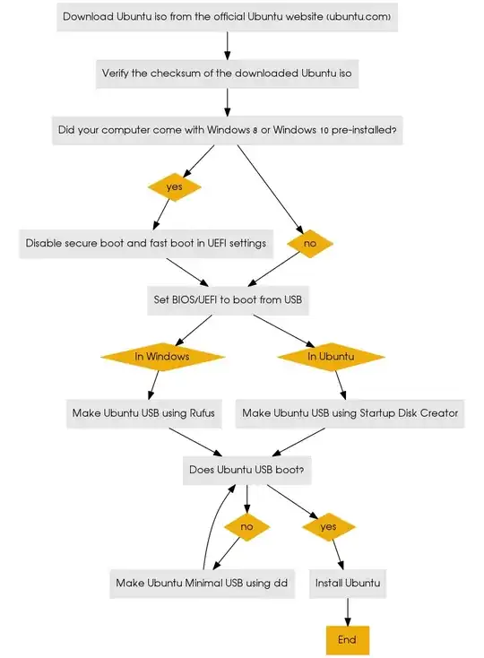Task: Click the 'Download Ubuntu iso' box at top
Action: tap(227, 16)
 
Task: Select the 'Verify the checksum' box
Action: tap(227, 74)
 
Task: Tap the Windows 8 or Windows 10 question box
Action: tap(227, 130)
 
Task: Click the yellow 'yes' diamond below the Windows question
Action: tap(174, 186)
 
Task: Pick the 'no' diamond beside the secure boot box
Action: tap(310, 243)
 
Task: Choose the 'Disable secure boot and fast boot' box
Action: tap(145, 243)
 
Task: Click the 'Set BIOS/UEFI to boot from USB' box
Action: tap(228, 300)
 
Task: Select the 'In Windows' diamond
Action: tap(161, 356)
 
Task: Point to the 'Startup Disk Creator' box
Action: tap(350, 413)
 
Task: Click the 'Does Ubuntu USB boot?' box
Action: tap(251, 470)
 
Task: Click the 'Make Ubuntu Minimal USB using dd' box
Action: tap(202, 584)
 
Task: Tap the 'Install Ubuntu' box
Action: tap(348, 584)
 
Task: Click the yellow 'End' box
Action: tap(347, 639)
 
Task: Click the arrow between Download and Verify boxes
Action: tap(227, 45)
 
